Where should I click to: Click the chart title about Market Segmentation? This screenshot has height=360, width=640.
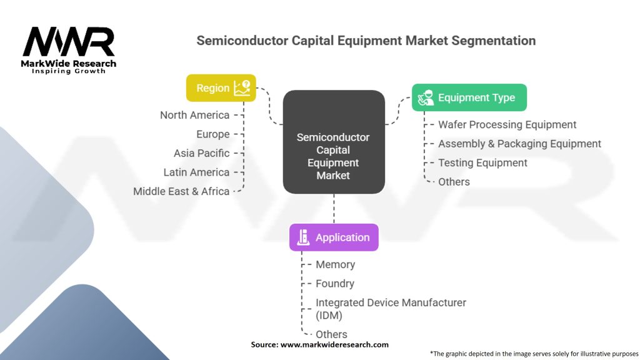point(366,41)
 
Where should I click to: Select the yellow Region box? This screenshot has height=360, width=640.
point(221,88)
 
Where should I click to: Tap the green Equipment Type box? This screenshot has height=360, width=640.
point(469,97)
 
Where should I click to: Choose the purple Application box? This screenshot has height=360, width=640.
point(333,237)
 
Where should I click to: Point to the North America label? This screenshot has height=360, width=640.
point(194,115)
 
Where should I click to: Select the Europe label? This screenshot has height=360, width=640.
point(212,134)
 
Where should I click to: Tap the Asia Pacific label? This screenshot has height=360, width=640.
point(201,153)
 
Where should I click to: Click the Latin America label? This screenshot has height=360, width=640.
point(196,172)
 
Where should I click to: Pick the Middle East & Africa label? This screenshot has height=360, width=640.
point(181,191)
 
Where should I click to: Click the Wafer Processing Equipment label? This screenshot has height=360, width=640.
point(507,125)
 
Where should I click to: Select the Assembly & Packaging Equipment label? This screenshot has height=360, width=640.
point(519,144)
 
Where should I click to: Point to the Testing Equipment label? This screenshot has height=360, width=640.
point(482,163)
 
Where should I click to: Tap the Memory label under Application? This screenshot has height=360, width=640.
point(335,265)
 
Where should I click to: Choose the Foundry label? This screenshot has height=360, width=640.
point(334,284)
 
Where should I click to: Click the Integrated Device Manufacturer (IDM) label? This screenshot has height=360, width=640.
point(391,309)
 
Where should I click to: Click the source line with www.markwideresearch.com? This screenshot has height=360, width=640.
point(319,344)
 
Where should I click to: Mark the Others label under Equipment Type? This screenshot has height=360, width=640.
point(454,182)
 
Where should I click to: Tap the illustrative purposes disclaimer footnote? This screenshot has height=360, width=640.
point(533,353)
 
